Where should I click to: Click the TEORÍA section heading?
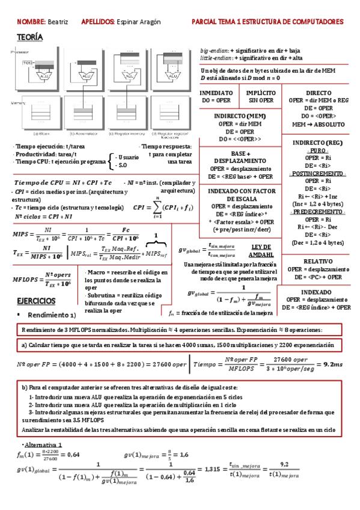[x=30, y=37]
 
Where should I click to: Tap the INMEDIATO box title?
[x=216, y=93]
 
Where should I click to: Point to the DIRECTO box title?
[x=319, y=93]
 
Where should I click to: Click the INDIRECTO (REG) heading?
[x=318, y=142]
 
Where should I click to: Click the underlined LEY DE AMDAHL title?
[x=261, y=251]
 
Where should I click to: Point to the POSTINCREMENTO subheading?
[x=318, y=173]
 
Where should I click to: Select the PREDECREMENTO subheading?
[x=318, y=212]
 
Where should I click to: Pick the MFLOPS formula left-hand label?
[x=24, y=280]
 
